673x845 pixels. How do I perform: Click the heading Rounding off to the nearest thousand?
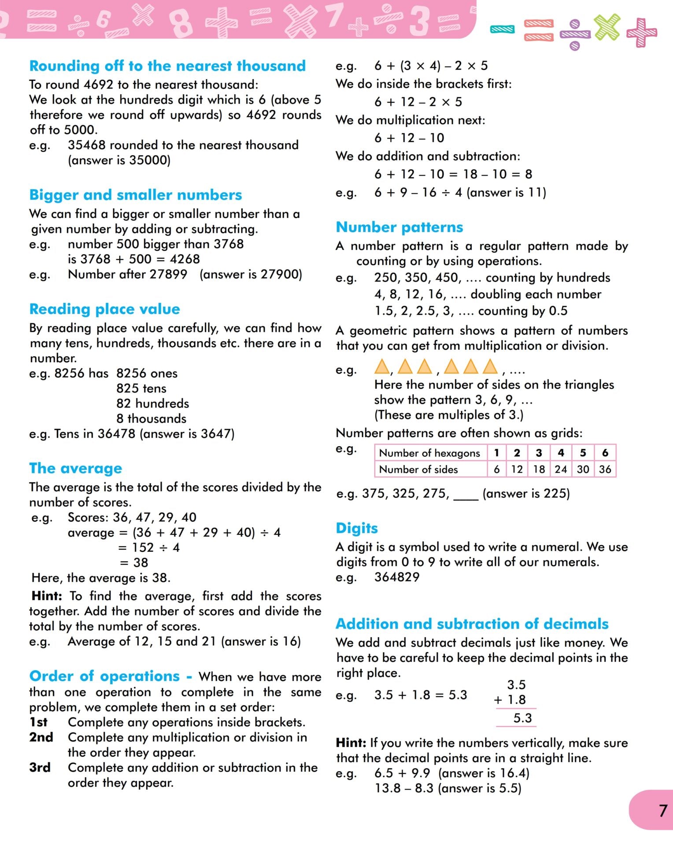pyautogui.click(x=167, y=66)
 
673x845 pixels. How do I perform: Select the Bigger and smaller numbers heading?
pyautogui.click(x=136, y=195)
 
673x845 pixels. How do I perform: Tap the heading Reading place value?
pyautogui.click(x=104, y=309)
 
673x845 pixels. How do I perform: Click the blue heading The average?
pyautogui.click(x=75, y=468)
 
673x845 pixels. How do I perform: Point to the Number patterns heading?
pyautogui.click(x=399, y=227)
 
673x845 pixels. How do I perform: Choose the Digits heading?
pyautogui.click(x=357, y=528)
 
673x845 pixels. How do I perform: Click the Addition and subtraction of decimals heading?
pyautogui.click(x=472, y=624)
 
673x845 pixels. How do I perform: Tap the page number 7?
pyautogui.click(x=663, y=811)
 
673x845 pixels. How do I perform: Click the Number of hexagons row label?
pyautogui.click(x=429, y=453)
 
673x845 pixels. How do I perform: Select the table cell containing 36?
pyautogui.click(x=605, y=469)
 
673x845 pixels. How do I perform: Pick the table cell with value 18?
pyautogui.click(x=539, y=469)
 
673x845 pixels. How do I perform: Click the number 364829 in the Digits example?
pyautogui.click(x=397, y=577)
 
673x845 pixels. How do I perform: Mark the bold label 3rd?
pyautogui.click(x=40, y=768)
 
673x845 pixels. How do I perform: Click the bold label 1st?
pyautogui.click(x=38, y=722)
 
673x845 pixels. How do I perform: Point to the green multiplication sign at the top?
pyautogui.click(x=607, y=27)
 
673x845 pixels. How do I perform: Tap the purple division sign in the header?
pyautogui.click(x=575, y=34)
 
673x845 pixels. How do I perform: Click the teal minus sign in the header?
pyautogui.click(x=503, y=29)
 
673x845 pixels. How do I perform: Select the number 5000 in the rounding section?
pyautogui.click(x=80, y=130)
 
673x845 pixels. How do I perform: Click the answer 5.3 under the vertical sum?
pyautogui.click(x=522, y=718)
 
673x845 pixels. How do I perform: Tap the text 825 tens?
pyautogui.click(x=141, y=388)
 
